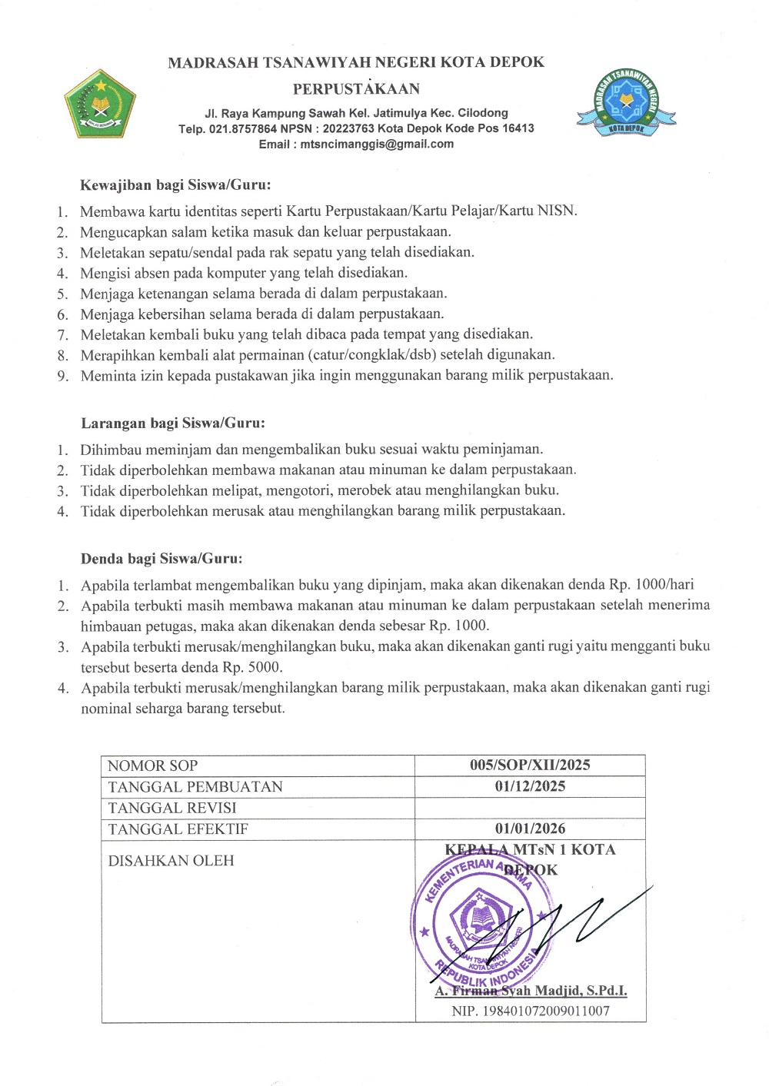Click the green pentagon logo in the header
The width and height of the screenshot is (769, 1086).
[100, 104]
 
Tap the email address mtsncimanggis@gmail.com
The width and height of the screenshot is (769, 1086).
[377, 144]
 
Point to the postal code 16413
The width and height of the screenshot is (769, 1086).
[518, 128]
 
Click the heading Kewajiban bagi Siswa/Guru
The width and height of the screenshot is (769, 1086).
[175, 184]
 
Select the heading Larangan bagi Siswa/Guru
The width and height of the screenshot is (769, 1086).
[173, 423]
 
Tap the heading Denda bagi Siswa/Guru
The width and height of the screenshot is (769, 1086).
[161, 559]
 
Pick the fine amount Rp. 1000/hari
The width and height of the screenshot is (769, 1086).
[651, 585]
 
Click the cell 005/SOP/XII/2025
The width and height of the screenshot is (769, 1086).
[530, 765]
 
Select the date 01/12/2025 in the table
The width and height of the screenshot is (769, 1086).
[530, 786]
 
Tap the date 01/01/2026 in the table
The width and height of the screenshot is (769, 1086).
[530, 829]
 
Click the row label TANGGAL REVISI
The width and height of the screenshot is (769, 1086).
[172, 808]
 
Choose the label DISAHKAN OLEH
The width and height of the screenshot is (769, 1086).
[171, 861]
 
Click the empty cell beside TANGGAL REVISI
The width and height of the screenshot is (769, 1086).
[530, 808]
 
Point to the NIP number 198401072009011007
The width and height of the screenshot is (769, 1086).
[531, 1011]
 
